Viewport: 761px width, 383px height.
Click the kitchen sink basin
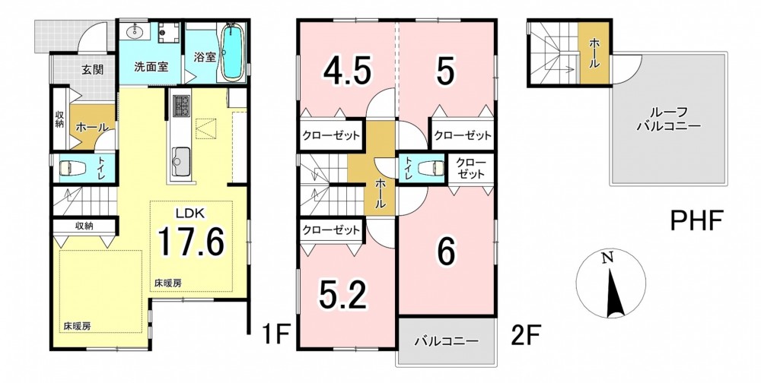pos(181,158)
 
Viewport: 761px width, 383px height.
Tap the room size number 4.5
pos(348,71)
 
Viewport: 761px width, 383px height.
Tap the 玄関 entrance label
pos(92,70)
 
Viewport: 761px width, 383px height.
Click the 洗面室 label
pos(151,66)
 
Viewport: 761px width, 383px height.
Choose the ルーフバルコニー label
pos(668,119)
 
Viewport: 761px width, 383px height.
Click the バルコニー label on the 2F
pos(447,340)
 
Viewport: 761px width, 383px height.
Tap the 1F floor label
pos(276,334)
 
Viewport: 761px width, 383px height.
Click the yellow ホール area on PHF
pos(594,53)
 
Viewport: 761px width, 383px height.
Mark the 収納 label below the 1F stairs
pos(84,226)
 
